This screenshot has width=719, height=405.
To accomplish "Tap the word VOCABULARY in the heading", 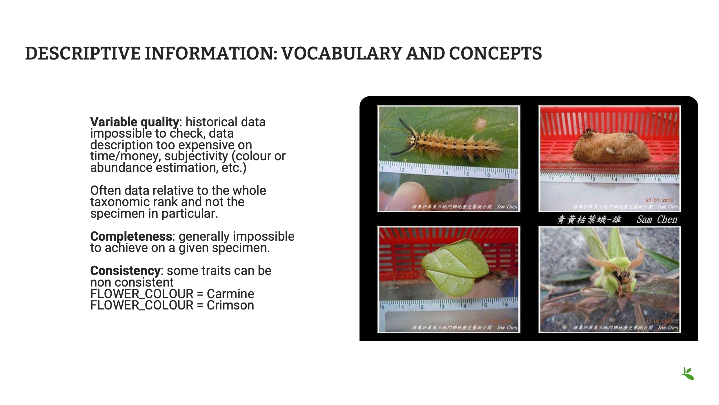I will click(x=341, y=54).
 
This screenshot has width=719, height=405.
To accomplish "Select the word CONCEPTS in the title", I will click(x=495, y=54).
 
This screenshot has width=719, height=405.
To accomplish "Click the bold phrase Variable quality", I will click(x=134, y=122).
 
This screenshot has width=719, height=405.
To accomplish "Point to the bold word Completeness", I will click(x=131, y=236).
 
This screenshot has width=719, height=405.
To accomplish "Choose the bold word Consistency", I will click(x=125, y=271).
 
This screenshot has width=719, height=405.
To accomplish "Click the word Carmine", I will click(x=230, y=294).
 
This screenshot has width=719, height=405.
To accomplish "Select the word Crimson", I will click(x=230, y=305).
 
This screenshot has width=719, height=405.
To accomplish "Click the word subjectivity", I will click(x=196, y=156).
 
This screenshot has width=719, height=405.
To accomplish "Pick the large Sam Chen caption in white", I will click(x=657, y=219).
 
